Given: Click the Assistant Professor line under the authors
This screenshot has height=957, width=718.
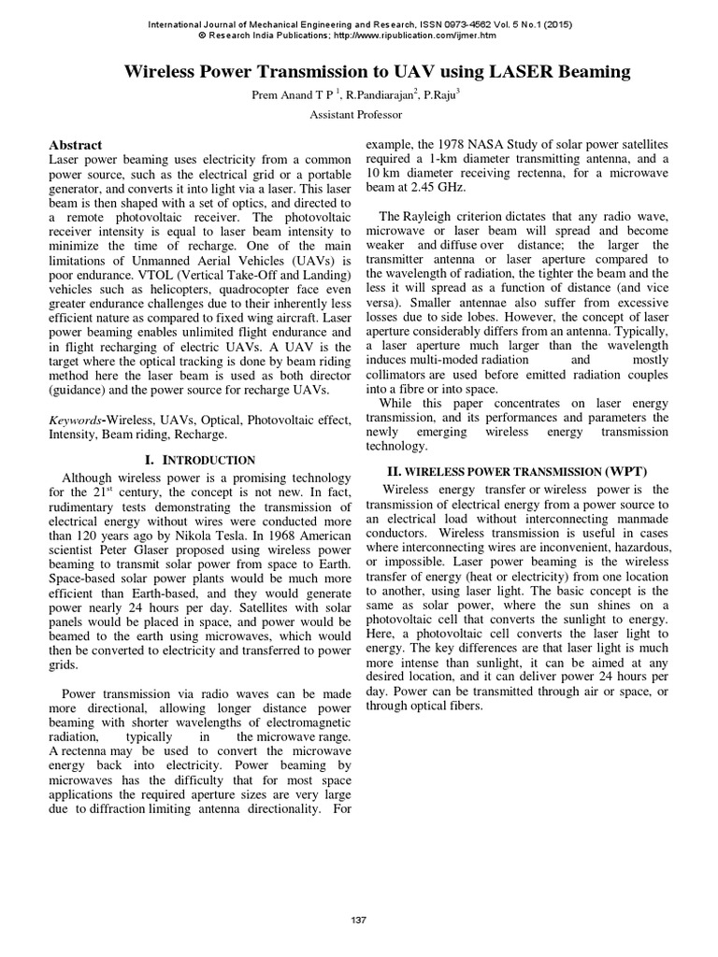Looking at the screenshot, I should coord(358,114).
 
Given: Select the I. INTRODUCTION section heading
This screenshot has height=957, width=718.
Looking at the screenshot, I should coord(200,460).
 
